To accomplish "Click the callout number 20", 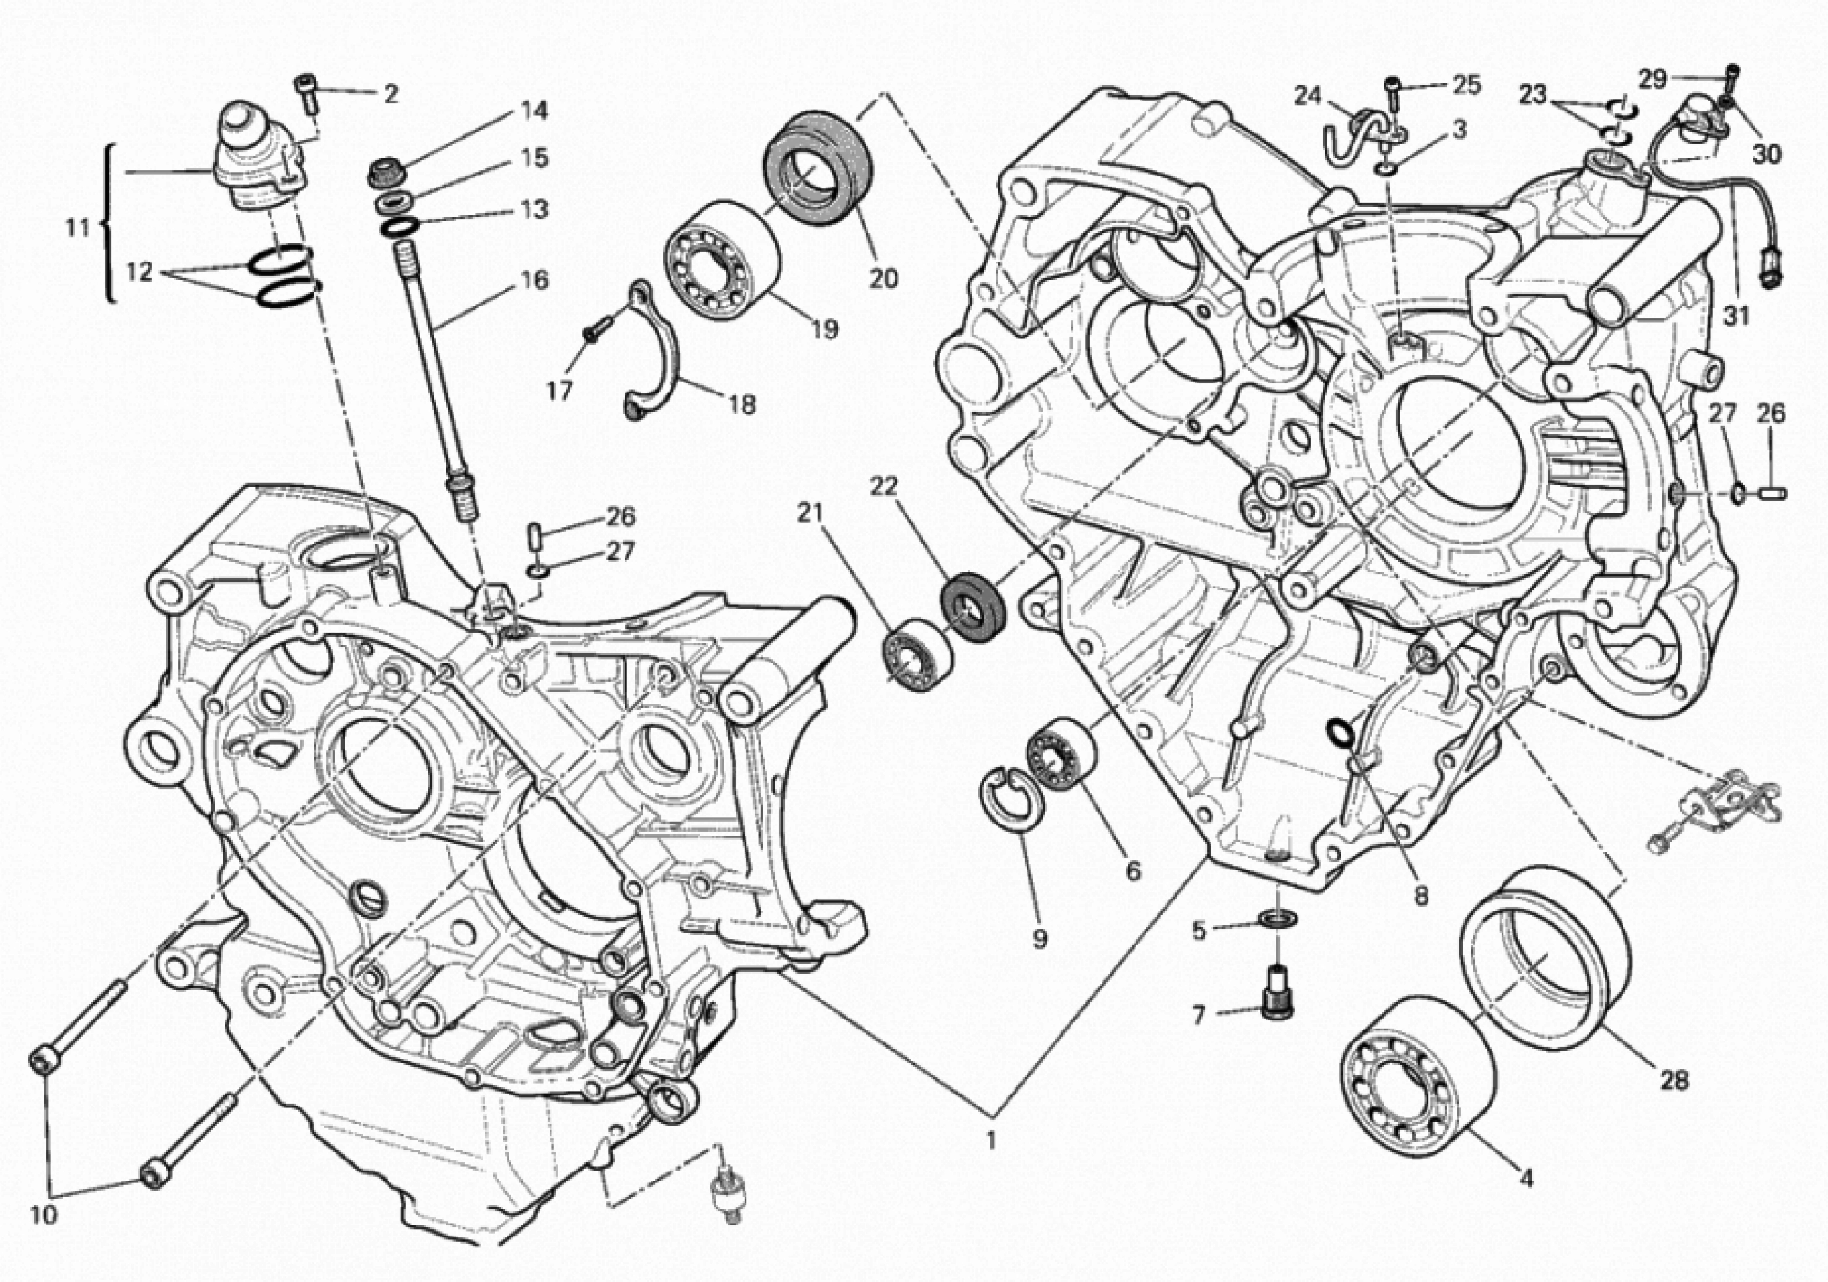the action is pos(883,278).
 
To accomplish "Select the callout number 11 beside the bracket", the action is pos(77,228).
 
